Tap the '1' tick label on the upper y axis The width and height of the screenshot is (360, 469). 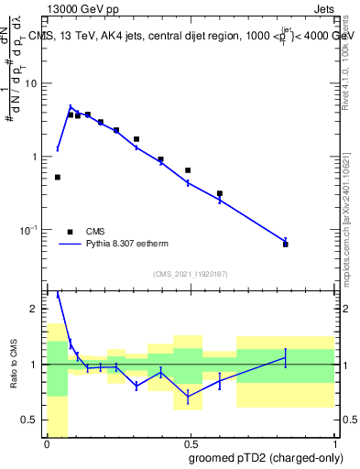coord(38,157)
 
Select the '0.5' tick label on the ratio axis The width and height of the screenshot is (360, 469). coord(32,420)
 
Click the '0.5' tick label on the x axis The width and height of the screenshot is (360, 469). coord(191,444)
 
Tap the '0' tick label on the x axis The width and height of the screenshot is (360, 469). coord(47,444)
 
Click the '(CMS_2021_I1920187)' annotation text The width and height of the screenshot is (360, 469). coord(190,274)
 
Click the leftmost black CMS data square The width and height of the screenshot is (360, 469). coord(58,177)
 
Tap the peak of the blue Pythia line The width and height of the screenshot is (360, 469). coord(71,107)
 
